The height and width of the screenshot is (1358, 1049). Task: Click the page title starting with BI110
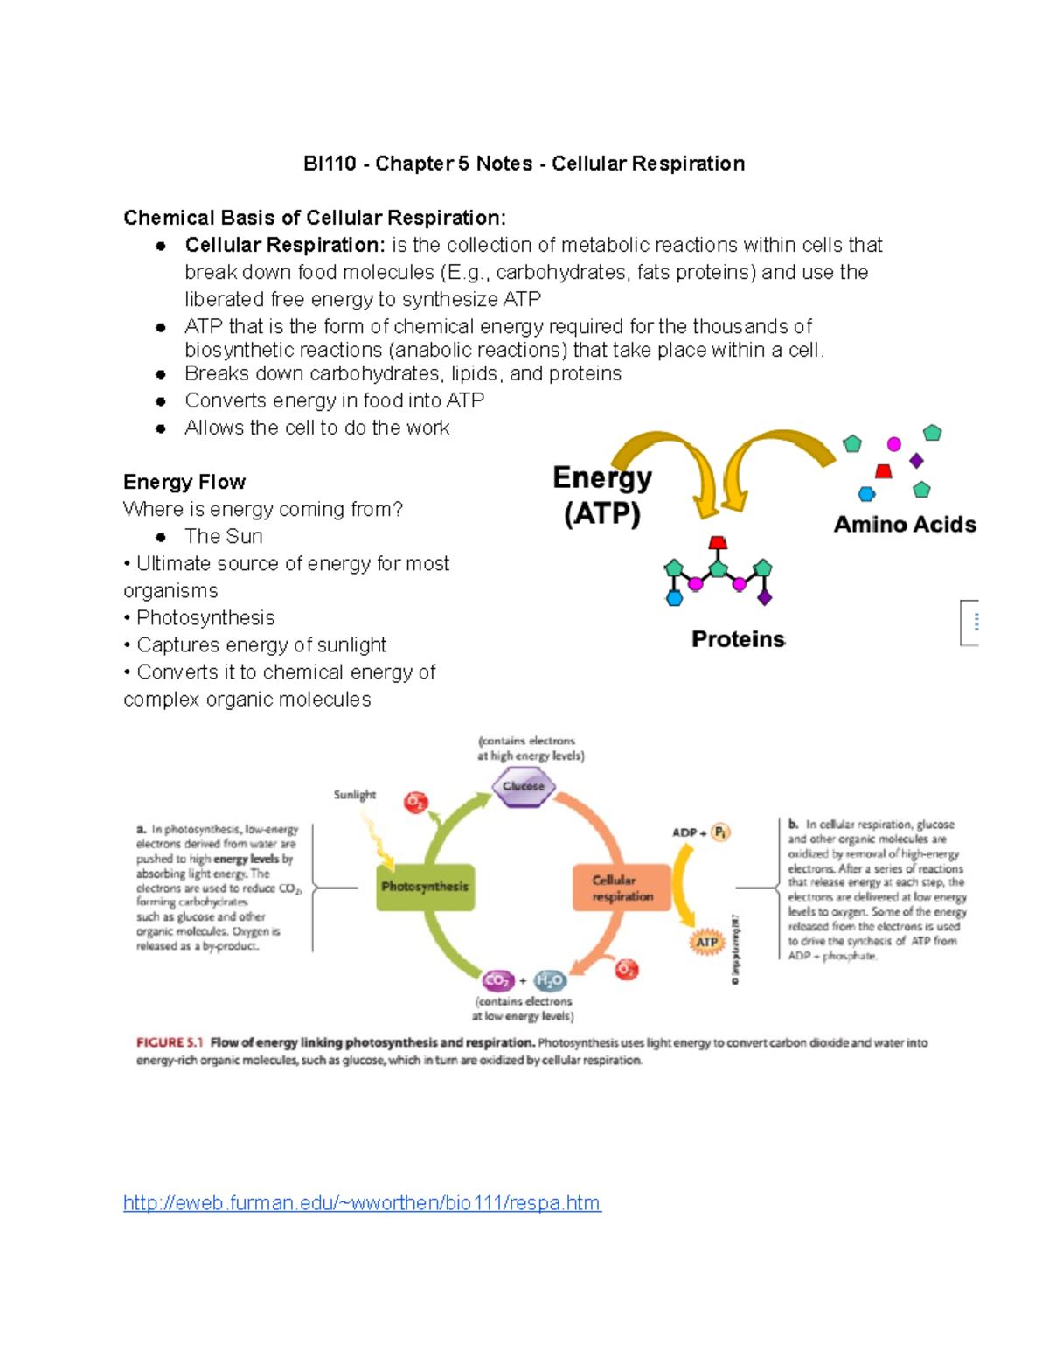(524, 164)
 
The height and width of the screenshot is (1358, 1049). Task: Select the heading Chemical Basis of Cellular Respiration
(314, 218)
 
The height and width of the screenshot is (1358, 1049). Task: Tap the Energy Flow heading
(184, 482)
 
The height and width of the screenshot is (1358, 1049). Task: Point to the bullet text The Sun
(223, 536)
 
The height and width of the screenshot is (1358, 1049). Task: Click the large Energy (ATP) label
(602, 495)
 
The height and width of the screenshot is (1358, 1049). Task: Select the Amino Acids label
(905, 524)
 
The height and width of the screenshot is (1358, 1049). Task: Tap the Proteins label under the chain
(738, 639)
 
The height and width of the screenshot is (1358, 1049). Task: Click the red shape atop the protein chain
(718, 543)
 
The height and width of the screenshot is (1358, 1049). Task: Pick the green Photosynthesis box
(425, 887)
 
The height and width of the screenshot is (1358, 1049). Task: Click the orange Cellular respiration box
(622, 888)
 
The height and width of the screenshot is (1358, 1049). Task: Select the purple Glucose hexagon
(523, 786)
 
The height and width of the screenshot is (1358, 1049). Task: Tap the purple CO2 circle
(497, 980)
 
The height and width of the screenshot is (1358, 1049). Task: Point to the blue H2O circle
(550, 980)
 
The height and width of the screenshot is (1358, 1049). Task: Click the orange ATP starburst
(706, 942)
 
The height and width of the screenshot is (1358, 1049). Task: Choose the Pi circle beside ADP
(720, 832)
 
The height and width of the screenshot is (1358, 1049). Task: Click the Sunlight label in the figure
(354, 795)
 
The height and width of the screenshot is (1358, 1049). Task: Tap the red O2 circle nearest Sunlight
(415, 802)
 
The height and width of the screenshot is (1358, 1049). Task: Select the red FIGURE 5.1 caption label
(170, 1042)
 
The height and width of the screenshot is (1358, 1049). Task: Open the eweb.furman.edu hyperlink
(362, 1203)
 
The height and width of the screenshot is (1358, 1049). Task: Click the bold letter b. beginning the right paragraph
(793, 824)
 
